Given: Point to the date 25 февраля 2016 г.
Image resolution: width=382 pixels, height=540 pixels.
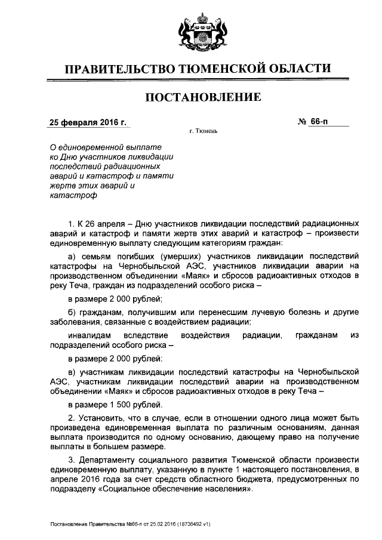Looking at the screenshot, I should (87, 123).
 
